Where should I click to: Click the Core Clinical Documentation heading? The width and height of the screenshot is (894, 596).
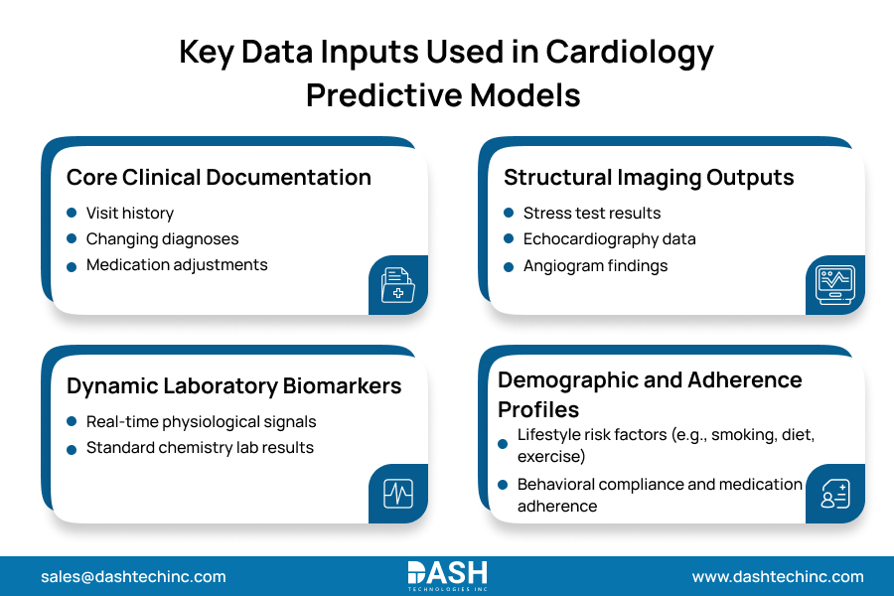219,178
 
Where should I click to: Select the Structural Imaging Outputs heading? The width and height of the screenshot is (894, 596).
649,178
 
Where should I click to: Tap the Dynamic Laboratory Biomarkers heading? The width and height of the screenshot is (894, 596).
234,386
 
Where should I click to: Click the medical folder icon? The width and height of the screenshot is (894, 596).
397,285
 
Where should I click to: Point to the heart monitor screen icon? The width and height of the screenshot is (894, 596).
834,285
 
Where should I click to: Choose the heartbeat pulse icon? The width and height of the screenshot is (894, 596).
397,494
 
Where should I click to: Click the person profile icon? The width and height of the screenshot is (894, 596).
834,494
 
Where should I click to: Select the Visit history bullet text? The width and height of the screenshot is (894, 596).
129,213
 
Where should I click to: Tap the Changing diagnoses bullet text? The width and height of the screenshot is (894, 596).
162,238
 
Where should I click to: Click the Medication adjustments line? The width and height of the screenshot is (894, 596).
177,264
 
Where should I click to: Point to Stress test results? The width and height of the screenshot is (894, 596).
592,213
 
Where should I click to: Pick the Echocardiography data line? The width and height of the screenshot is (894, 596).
609,238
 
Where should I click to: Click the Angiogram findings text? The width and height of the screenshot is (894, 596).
595,265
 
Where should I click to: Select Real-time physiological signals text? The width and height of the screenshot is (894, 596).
201,421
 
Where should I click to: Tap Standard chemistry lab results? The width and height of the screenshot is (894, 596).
200,447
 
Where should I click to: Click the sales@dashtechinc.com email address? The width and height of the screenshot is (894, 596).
133,576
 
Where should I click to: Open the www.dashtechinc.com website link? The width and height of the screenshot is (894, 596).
778,576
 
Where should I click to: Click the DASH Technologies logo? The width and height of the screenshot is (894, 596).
447,575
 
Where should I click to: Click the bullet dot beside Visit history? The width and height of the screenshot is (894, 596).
72,213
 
